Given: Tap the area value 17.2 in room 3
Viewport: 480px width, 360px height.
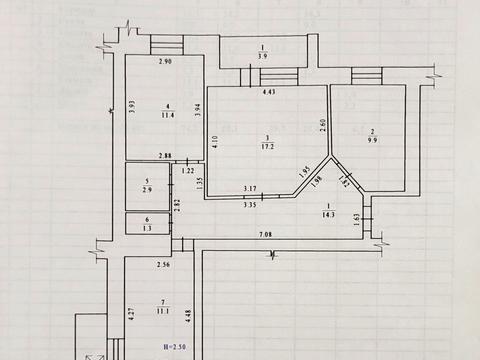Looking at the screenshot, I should pos(267,148).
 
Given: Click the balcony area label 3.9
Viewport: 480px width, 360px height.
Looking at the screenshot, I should pos(262,56).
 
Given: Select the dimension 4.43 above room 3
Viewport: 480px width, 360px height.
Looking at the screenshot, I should pos(268,92).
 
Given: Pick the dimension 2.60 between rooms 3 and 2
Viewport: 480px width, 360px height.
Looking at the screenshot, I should pos(323,124).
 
